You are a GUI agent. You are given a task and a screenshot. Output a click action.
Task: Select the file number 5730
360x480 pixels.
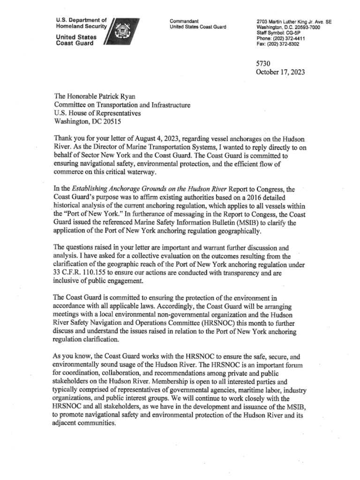[x=263, y=63]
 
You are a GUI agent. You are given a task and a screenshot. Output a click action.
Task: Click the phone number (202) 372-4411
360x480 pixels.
[x=287, y=39]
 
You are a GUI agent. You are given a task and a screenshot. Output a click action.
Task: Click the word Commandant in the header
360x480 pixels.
[x=184, y=22]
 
